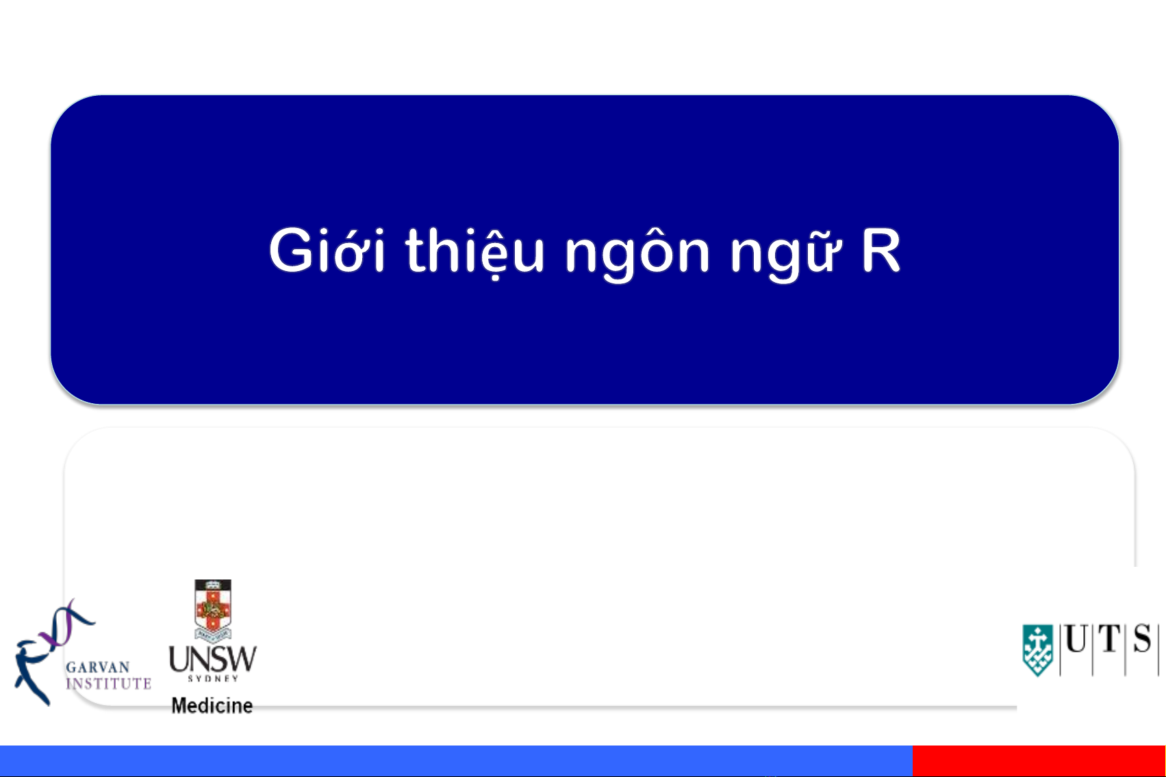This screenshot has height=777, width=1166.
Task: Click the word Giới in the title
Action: [x=327, y=250]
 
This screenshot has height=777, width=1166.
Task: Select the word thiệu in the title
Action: [x=474, y=250]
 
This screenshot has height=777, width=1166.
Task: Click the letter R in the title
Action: [x=880, y=251]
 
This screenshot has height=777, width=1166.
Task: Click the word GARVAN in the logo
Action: [x=97, y=667]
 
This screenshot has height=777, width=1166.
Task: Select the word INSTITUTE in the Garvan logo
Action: [x=108, y=683]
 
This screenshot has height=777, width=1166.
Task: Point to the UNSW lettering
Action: [x=213, y=659]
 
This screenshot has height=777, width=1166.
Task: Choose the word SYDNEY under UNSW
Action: [x=213, y=678]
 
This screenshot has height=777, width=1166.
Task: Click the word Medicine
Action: [x=212, y=706]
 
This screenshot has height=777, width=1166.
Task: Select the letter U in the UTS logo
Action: [x=1076, y=638]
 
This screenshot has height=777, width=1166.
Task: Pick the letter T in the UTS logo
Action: [x=1108, y=638]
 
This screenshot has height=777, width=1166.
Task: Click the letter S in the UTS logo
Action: [x=1143, y=638]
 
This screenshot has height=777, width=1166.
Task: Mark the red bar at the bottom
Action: [x=1039, y=761]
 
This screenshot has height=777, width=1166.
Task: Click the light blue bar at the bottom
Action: [x=456, y=761]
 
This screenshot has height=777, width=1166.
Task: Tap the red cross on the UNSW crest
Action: [x=212, y=608]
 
